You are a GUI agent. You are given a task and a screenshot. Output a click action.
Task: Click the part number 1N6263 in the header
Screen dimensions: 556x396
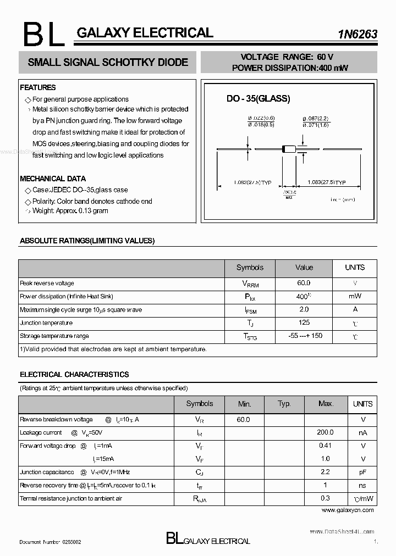pos(358,34)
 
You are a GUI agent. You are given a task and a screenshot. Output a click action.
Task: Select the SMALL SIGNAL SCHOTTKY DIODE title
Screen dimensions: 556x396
pos(108,63)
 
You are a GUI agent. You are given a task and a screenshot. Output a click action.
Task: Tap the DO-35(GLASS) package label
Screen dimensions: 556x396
pos(258,99)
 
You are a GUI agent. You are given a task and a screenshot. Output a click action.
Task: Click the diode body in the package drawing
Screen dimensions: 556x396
pos(288,148)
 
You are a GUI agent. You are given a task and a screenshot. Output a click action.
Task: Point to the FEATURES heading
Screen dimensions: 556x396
pos(38,87)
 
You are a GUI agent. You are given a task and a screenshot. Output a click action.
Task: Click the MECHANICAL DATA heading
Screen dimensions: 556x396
pos(53,179)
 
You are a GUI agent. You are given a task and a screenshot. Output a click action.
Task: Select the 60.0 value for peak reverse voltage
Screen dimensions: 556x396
pos(304,283)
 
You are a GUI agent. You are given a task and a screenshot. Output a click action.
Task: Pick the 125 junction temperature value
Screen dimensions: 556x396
pos(304,323)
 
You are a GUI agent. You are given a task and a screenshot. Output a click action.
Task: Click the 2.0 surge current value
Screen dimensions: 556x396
pos(304,309)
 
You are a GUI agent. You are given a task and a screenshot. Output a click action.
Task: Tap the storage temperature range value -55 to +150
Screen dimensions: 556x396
pos(305,336)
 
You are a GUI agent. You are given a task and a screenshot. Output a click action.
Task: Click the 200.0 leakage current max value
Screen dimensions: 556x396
pos(326,432)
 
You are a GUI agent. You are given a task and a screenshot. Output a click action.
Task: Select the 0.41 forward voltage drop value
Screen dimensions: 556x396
pos(326,446)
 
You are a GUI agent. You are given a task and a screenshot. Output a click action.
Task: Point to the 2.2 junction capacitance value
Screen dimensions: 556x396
pos(326,472)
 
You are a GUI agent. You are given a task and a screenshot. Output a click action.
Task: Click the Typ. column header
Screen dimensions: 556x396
pos(284,404)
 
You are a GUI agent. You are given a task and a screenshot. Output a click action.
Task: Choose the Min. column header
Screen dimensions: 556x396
pos(244,404)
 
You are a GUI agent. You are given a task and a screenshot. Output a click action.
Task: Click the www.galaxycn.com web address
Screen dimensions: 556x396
pos(347,510)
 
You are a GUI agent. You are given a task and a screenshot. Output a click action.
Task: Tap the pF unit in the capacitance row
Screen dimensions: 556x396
pos(363,472)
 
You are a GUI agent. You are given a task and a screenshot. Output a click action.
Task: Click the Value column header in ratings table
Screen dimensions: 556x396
pos(304,268)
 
